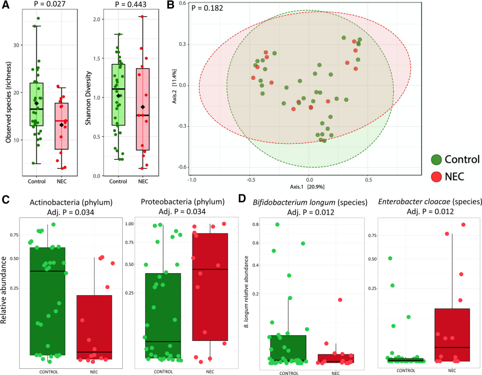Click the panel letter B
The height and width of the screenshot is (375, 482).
178,6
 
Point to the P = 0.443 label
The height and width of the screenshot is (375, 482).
127,5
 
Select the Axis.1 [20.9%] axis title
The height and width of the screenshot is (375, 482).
307,186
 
